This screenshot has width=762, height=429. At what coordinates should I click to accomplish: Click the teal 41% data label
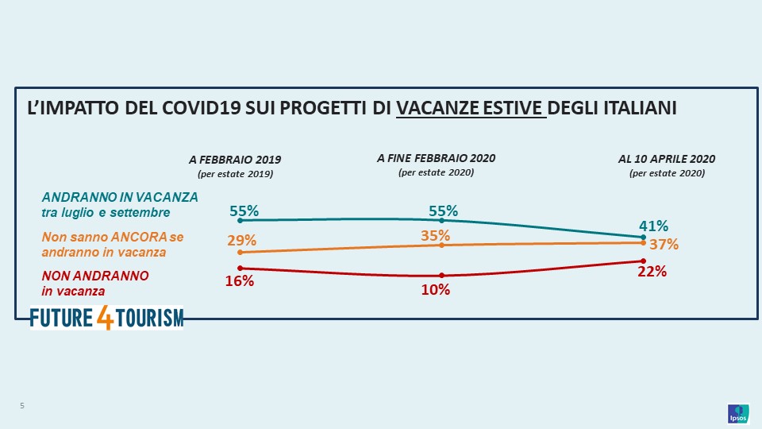click(654, 226)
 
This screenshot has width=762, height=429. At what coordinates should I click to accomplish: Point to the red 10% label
click(436, 290)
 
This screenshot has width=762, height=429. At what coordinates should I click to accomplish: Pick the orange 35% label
click(436, 235)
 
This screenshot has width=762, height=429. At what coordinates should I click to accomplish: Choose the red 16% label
click(240, 280)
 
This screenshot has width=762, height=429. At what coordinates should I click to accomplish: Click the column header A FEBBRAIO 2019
click(235, 160)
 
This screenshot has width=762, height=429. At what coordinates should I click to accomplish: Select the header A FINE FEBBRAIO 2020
click(436, 158)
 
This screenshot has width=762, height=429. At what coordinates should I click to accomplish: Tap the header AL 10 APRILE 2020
click(667, 159)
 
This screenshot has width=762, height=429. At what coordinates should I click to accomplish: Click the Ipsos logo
click(737, 414)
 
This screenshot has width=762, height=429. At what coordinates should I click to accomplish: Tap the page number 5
click(22, 407)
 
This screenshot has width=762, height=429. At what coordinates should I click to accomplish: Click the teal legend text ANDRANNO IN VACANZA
click(120, 197)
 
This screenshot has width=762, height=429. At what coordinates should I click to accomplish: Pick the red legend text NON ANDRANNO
click(95, 276)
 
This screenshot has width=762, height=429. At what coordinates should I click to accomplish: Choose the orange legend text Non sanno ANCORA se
click(112, 237)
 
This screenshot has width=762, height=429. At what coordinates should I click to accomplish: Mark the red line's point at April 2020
click(642, 261)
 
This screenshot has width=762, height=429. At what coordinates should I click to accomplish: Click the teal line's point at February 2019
click(240, 220)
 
